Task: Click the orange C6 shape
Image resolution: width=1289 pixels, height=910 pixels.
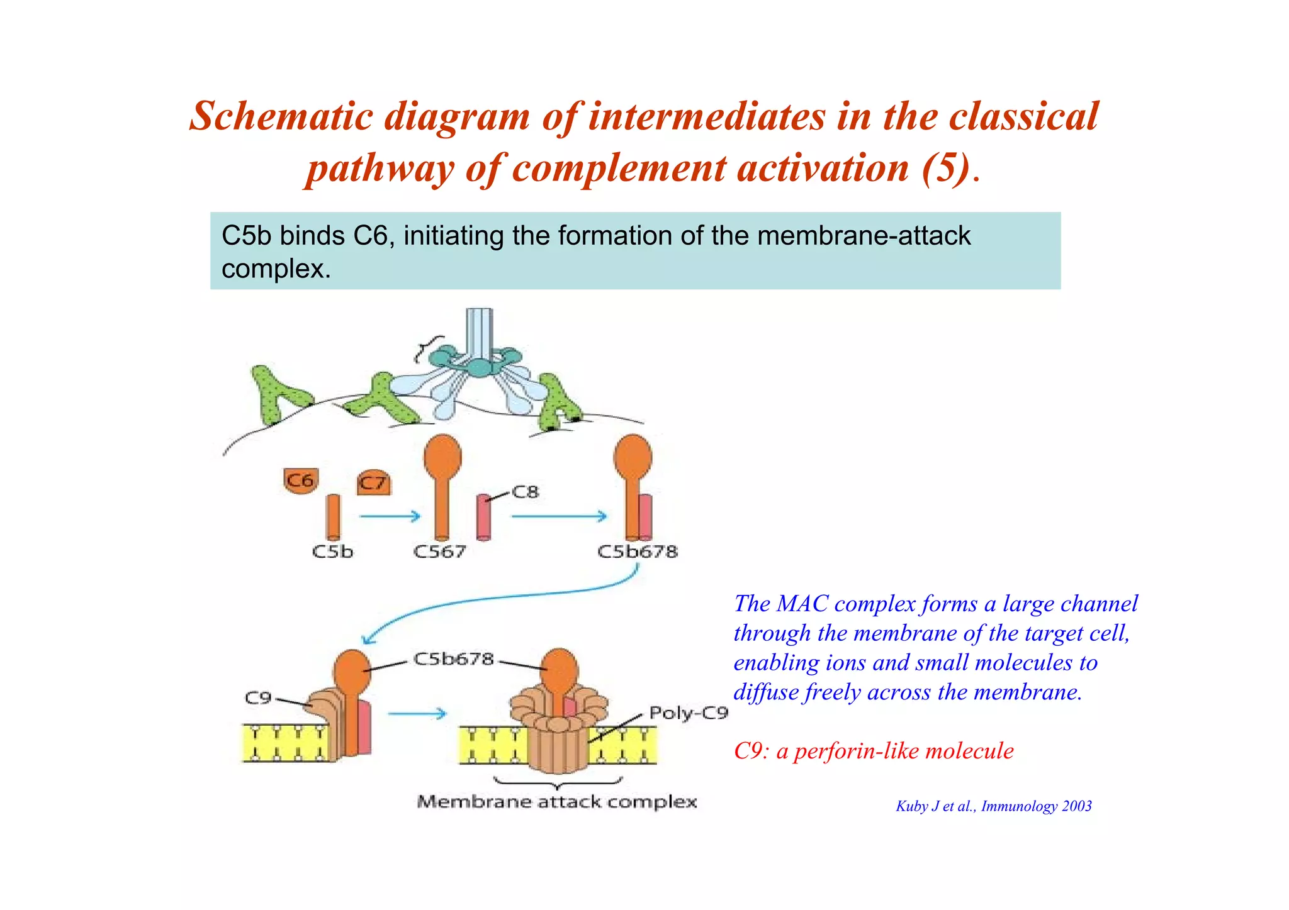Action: [x=301, y=480]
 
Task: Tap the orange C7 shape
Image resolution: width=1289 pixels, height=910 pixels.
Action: [x=374, y=482]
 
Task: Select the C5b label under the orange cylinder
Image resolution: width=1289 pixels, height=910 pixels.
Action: [x=333, y=552]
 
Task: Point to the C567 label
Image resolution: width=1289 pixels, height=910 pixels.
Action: [x=439, y=552]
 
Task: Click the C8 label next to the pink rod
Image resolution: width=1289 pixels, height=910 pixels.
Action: [x=526, y=492]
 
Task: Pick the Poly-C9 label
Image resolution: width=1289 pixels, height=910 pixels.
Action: [x=689, y=713]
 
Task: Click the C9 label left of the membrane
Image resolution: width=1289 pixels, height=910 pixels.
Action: [x=257, y=698]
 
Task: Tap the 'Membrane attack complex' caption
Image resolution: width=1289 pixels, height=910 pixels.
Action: [x=557, y=802]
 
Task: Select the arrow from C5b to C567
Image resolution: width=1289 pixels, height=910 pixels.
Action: [x=390, y=516]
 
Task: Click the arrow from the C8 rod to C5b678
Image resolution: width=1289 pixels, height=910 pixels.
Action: [x=560, y=516]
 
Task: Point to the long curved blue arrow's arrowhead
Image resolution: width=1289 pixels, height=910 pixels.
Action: [x=368, y=640]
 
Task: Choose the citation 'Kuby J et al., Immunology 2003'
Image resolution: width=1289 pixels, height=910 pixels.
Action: [x=993, y=806]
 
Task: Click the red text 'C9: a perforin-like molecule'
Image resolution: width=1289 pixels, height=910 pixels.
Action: [x=874, y=751]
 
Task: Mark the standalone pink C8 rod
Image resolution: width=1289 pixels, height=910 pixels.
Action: [x=483, y=517]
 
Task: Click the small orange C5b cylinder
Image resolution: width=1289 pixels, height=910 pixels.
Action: [x=333, y=517]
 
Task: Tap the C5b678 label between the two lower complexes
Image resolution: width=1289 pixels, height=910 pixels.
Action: [x=453, y=659]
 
